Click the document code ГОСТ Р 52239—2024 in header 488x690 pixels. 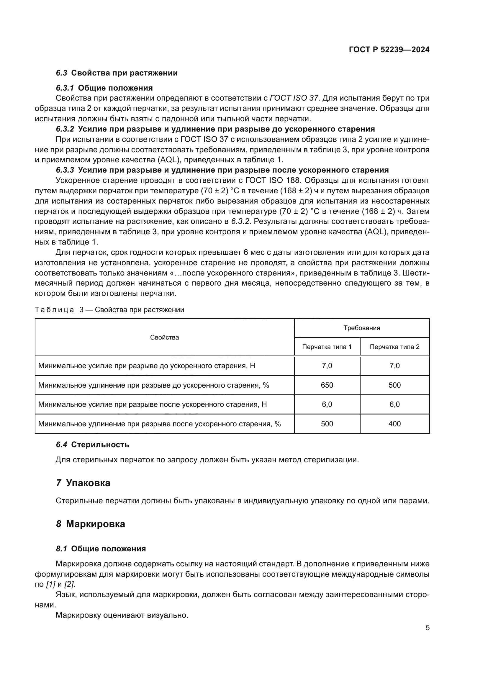[x=389, y=50]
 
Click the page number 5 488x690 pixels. [x=427, y=627]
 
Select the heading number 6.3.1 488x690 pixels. [x=65, y=88]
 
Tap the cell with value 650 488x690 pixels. [x=327, y=385]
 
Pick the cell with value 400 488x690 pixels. [x=394, y=424]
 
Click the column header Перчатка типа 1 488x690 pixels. [x=327, y=347]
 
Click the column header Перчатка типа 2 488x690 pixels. [x=394, y=347]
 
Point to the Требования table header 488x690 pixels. [x=361, y=328]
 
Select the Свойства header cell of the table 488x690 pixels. [x=164, y=337]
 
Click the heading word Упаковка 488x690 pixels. [x=88, y=483]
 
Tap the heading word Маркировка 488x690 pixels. [x=96, y=524]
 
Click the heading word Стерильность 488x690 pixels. [x=100, y=445]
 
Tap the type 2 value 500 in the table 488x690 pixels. [x=394, y=385]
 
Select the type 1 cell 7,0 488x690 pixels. [x=327, y=366]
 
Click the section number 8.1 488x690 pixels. [x=61, y=549]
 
